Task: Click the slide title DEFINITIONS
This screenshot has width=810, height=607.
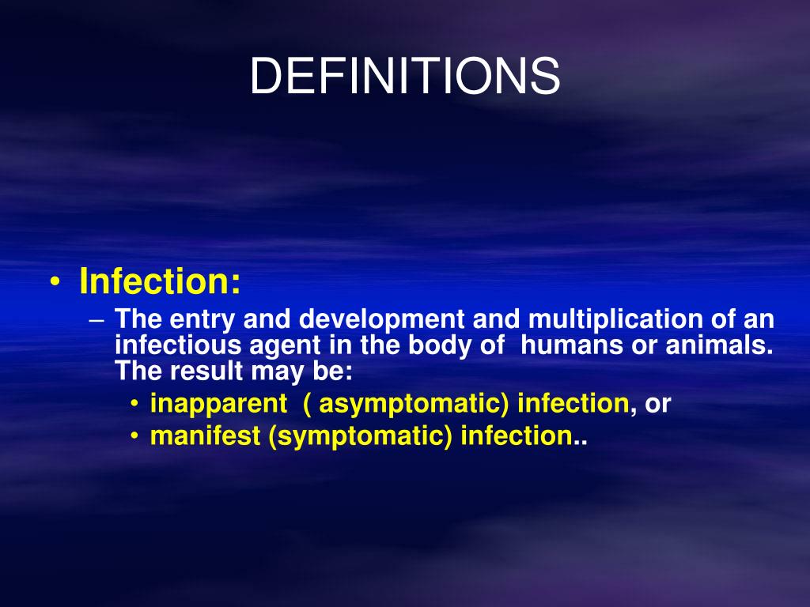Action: [x=405, y=77]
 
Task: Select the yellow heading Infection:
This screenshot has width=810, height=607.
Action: [x=160, y=282]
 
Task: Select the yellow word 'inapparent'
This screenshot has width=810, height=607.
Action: [x=218, y=404]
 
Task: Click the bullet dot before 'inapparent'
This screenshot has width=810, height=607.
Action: [x=136, y=405]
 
